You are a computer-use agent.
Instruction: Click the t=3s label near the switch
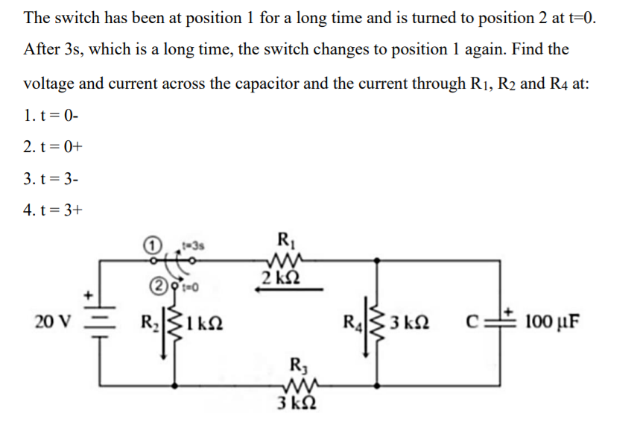193,243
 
